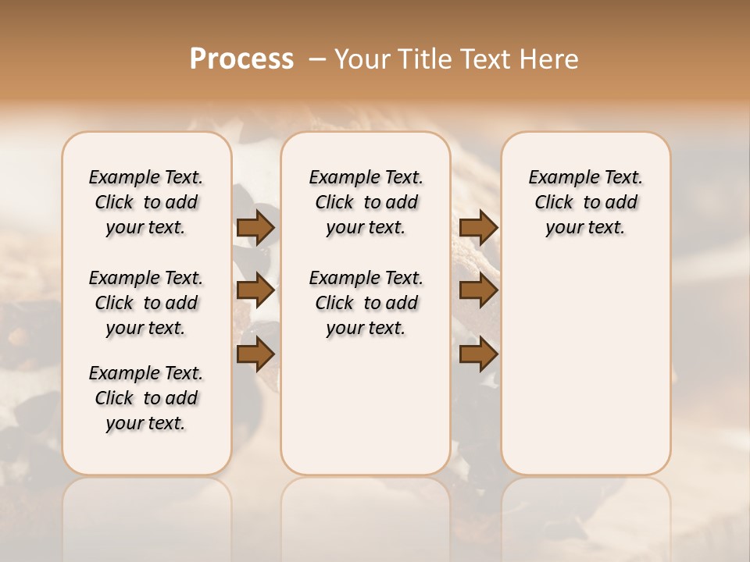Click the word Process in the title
(241, 59)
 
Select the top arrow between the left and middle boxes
(255, 227)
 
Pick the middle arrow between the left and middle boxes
(255, 290)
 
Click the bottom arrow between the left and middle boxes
(255, 354)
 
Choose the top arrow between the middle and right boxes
(479, 227)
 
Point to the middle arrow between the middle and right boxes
(479, 290)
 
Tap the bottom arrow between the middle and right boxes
(479, 354)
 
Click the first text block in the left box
(146, 202)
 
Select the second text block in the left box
(146, 303)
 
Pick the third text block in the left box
(146, 398)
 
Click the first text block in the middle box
(366, 202)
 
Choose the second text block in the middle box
(366, 303)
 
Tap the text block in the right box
(586, 202)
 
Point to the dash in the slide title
(317, 59)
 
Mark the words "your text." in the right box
(585, 228)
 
